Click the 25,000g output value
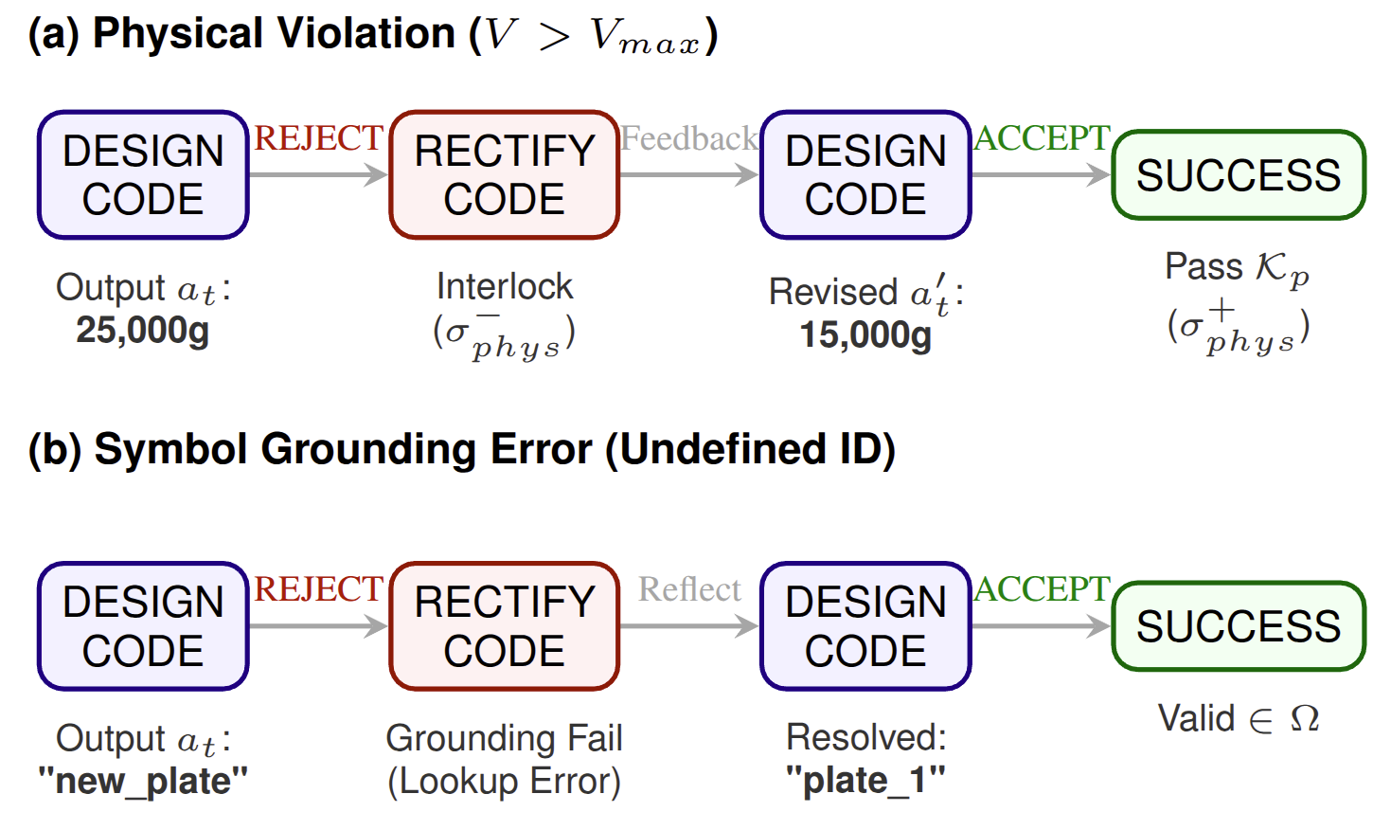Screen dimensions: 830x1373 click(142, 331)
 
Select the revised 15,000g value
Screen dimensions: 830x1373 click(865, 334)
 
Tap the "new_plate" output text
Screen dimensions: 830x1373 click(143, 782)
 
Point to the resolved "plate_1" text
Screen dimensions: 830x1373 click(865, 781)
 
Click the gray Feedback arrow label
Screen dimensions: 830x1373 click(688, 139)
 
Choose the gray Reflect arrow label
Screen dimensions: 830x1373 click(688, 589)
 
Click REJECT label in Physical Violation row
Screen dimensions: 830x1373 click(318, 138)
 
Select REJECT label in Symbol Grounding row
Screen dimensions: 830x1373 click(318, 589)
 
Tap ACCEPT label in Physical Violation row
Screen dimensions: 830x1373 click(1042, 138)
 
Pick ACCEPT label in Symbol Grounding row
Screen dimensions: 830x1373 click(1042, 589)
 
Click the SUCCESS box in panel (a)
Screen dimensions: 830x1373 click(1238, 175)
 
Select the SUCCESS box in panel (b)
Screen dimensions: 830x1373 click(1238, 626)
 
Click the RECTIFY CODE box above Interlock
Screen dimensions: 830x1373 click(504, 175)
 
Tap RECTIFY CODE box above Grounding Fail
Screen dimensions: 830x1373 click(504, 626)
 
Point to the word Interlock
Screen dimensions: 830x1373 click(504, 286)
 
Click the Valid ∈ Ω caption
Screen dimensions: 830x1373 click(1238, 719)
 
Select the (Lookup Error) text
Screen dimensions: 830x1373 click(504, 782)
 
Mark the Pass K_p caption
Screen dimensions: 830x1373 click(1237, 268)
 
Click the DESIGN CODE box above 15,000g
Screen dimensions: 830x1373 click(865, 175)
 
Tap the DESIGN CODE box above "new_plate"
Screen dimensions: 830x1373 click(143, 626)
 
